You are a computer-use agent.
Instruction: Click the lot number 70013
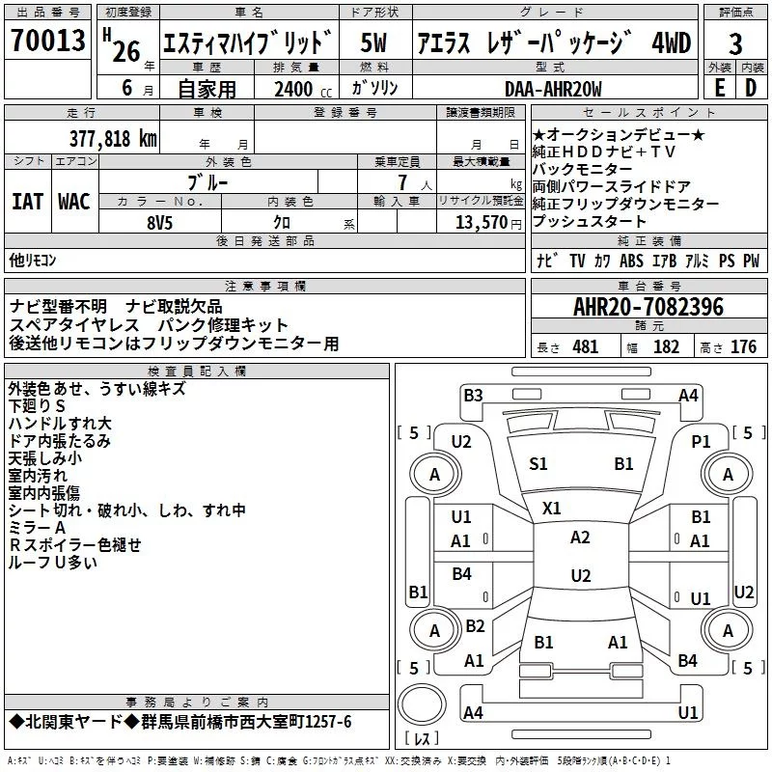(x=47, y=40)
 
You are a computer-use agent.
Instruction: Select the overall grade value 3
(x=735, y=43)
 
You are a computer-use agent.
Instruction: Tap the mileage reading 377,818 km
(x=113, y=139)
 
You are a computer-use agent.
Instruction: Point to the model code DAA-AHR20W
(x=553, y=89)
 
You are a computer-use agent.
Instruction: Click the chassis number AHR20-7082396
(x=648, y=307)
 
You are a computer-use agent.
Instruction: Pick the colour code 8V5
(x=159, y=223)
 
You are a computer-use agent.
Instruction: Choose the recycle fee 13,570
(x=481, y=222)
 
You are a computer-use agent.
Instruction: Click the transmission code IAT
(x=27, y=202)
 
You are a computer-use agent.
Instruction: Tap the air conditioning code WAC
(x=74, y=202)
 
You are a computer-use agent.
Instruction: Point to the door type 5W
(x=373, y=42)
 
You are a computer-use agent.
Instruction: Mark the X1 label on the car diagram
(x=551, y=509)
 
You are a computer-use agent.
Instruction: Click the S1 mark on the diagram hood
(x=538, y=464)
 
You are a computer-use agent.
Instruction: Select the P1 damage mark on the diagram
(x=701, y=442)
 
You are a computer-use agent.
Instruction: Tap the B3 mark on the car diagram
(x=473, y=396)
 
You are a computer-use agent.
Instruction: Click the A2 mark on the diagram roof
(x=580, y=538)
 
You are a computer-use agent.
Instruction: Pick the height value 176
(x=743, y=346)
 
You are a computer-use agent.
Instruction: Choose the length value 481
(x=586, y=346)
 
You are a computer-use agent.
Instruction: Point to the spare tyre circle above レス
(x=422, y=704)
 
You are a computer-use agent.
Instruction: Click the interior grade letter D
(x=751, y=88)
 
